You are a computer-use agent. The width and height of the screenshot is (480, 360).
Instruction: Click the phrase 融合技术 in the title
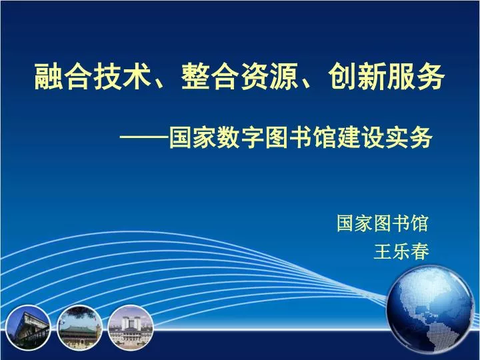[93, 77]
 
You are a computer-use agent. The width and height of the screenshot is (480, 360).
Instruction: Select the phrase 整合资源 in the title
[239, 77]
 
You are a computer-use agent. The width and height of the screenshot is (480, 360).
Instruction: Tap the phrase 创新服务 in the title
[386, 77]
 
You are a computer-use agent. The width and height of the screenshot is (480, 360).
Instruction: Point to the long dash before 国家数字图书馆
[144, 137]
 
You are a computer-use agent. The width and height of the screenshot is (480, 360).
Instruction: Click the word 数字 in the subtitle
[240, 137]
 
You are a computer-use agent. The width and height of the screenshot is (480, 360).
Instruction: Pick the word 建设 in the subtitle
[360, 137]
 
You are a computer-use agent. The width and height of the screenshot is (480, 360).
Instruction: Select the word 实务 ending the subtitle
[408, 137]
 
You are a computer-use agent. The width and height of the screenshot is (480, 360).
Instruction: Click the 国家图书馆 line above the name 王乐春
[383, 223]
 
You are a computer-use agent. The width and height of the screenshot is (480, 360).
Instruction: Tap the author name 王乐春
[401, 251]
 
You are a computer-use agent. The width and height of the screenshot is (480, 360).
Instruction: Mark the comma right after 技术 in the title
[161, 83]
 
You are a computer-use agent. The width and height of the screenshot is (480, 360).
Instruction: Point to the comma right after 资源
[307, 83]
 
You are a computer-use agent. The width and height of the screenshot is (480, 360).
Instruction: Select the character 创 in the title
[342, 77]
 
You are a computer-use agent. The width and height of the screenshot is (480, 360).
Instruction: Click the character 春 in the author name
[420, 251]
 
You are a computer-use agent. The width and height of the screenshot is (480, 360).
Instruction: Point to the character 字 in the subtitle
[252, 137]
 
